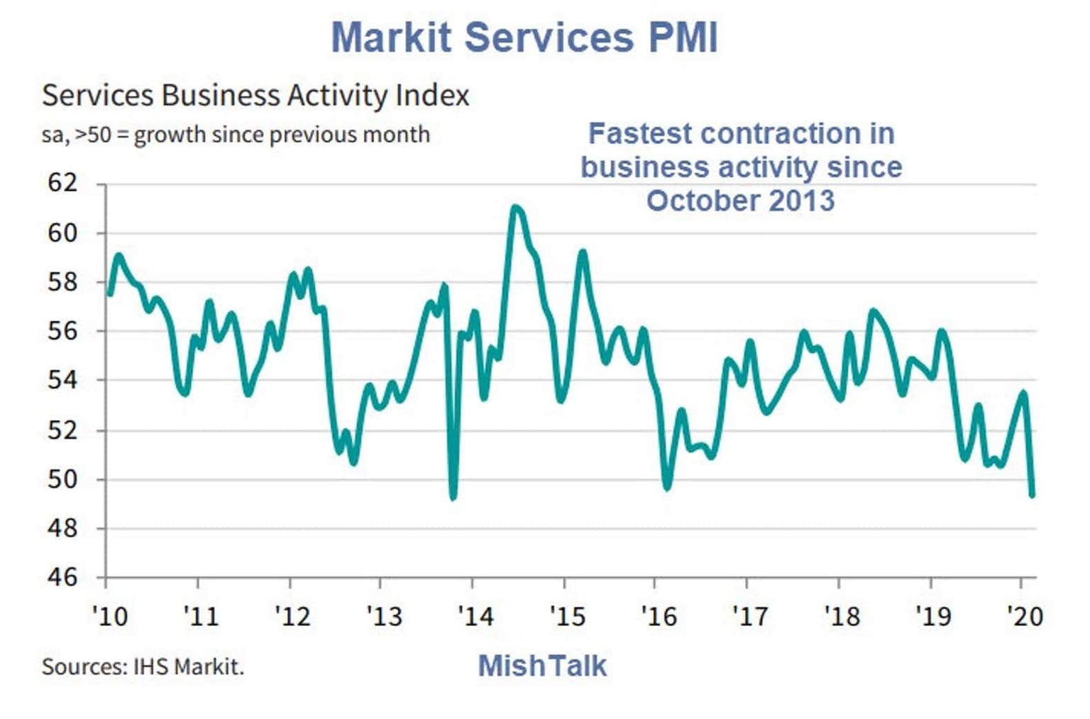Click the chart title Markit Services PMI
524,37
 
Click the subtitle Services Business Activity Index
255,96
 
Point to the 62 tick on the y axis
62,184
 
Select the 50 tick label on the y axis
62,479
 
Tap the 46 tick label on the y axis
62,578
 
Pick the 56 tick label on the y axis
62,331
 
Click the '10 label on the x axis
110,616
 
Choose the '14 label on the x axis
475,616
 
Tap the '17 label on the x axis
749,616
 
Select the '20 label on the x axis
1025,616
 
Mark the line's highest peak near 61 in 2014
515,208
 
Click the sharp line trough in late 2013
453,497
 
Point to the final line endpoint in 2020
1032,494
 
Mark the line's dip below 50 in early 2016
666,488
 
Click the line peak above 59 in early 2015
583,252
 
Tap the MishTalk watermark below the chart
542,666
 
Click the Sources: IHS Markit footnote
143,667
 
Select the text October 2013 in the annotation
740,201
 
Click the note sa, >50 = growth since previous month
236,135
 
